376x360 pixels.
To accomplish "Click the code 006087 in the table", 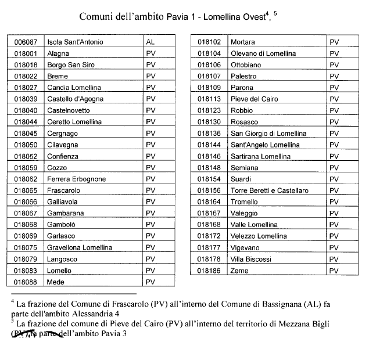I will pos(26,42).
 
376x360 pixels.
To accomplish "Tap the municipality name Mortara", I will pos(242,42).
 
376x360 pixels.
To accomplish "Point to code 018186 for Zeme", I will pos(209,271).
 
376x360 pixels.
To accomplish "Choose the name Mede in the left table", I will pos(56,282).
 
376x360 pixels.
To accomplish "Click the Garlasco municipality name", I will pos(61,236).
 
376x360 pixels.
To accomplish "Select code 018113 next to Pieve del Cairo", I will pos(209,99).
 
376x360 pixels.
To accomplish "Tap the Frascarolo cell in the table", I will pos(63,190).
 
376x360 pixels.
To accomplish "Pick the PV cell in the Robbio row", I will pos(334,110).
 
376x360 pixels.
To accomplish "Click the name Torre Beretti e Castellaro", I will pos(270,190).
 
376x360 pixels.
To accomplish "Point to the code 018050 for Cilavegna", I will pos(26,145).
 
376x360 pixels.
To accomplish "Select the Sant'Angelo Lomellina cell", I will pos(266,145).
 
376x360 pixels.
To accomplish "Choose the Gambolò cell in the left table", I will pos(60,225).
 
